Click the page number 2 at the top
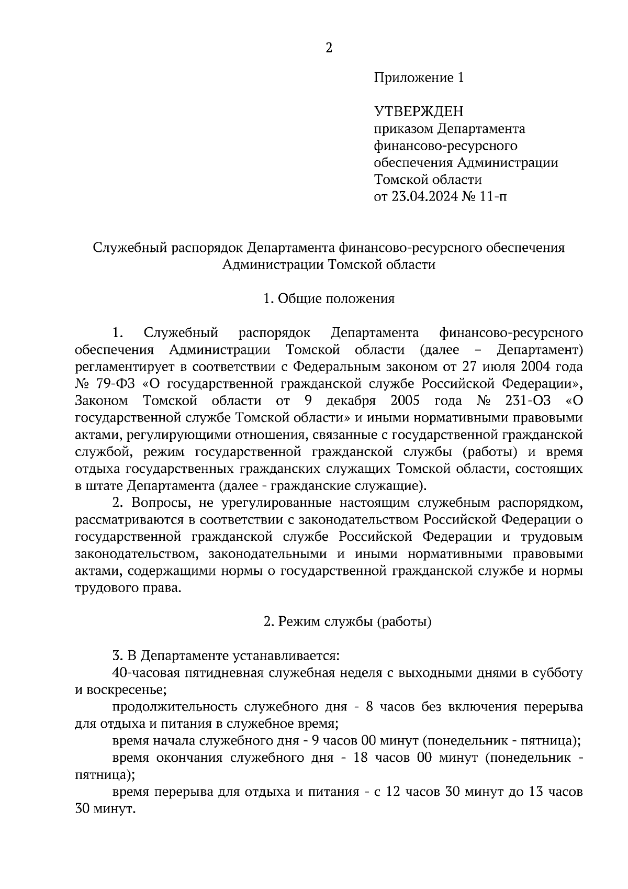pyautogui.click(x=329, y=48)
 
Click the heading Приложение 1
pyautogui.click(x=419, y=78)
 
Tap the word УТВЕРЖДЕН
pyautogui.click(x=419, y=112)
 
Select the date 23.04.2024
pyautogui.click(x=425, y=197)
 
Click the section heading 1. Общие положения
pyautogui.click(x=329, y=299)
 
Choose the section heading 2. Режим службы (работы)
pyautogui.click(x=347, y=622)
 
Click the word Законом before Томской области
pyautogui.click(x=102, y=401)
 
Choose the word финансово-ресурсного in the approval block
pyautogui.click(x=445, y=146)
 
